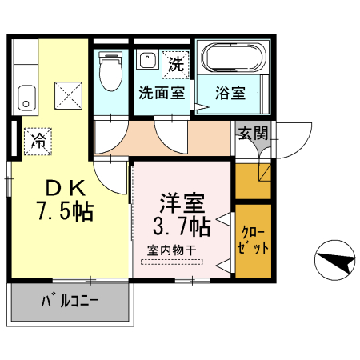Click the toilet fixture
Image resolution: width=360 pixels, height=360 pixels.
[110, 71]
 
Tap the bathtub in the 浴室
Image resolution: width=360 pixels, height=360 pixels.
[234, 58]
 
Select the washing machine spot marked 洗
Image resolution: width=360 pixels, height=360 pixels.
[175, 65]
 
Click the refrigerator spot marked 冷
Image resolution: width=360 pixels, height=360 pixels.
[38, 142]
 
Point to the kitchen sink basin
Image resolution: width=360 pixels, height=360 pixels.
[26, 98]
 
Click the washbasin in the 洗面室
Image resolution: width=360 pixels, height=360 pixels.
[146, 60]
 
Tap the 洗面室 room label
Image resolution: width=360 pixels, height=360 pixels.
[162, 93]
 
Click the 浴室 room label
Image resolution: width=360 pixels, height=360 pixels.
[230, 94]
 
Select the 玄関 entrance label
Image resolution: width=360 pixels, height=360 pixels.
[253, 133]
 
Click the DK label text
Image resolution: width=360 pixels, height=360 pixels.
[66, 188]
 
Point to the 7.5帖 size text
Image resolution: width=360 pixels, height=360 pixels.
[66, 210]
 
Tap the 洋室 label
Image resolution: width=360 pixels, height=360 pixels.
[182, 203]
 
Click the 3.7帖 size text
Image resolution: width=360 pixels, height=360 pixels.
[182, 226]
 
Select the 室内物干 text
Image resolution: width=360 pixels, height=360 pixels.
[172, 250]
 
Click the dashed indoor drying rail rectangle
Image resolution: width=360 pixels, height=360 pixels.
[172, 262]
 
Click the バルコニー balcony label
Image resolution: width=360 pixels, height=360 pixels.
[70, 302]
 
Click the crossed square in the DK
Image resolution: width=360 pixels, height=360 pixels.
[68, 95]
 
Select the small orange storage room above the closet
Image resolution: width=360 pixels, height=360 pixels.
[253, 182]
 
